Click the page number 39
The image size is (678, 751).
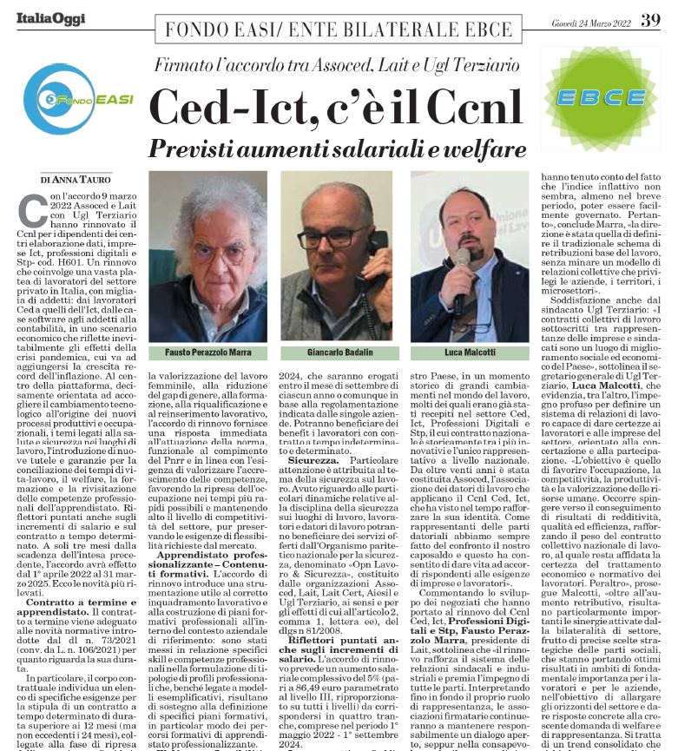(x=650, y=20)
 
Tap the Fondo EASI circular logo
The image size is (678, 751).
(x=71, y=98)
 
